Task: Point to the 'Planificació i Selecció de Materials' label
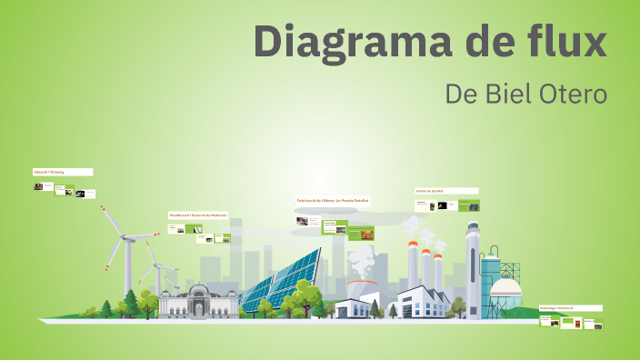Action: coord(198,215)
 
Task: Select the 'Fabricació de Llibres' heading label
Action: coord(333,200)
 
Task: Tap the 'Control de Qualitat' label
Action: coord(446,191)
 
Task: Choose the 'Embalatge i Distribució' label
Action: coord(570,308)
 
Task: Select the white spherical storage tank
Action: coord(505,293)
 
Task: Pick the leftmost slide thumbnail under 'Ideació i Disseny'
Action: coord(38,186)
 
